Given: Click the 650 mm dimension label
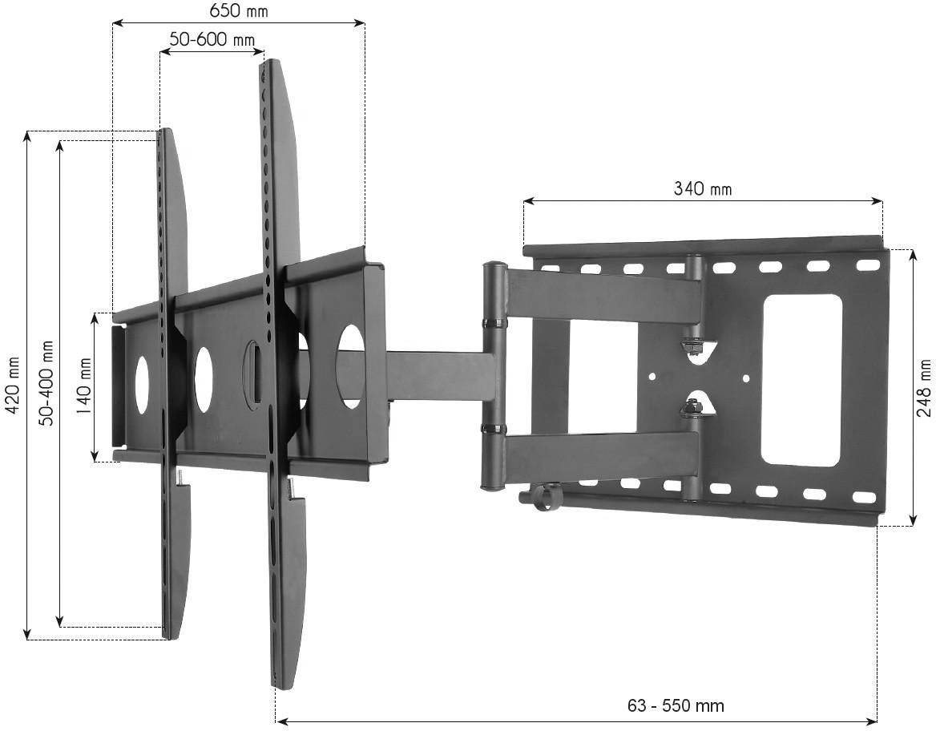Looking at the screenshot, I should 239,11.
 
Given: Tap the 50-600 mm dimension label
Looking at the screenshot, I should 212,39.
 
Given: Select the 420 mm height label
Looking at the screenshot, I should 11,386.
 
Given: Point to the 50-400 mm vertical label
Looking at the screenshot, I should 46,383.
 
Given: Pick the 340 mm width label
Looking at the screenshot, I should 702,189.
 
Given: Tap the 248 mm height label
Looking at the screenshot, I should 924,387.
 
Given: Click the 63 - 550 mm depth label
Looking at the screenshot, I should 676,705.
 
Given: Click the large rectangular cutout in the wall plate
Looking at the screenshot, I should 801,380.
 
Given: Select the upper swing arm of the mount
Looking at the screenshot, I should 601,296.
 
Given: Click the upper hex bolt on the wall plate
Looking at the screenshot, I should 691,347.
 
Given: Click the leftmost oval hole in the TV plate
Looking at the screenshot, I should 143,385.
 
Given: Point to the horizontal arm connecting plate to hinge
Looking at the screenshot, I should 437,375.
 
